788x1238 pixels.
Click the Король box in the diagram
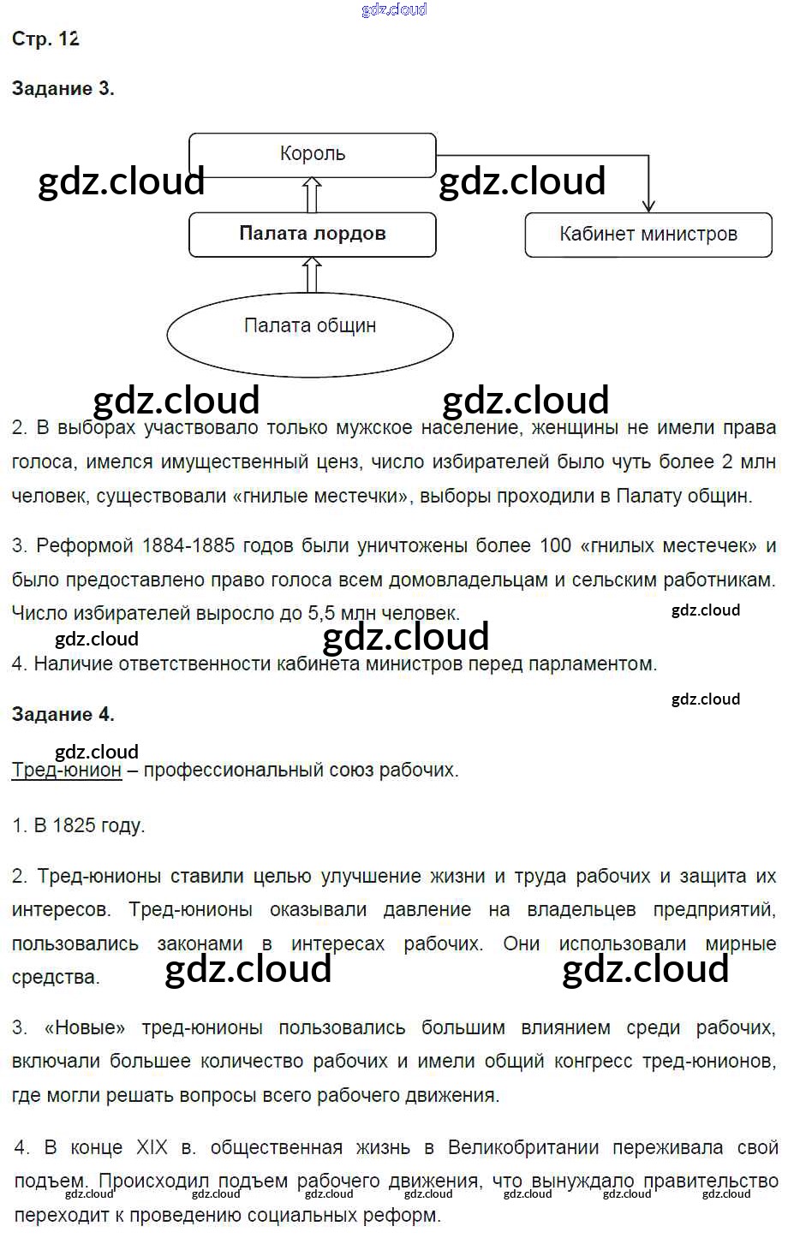(x=313, y=155)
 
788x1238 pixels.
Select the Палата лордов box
(x=313, y=234)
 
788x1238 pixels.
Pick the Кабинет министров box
(x=648, y=234)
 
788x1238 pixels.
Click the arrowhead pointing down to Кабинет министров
(x=648, y=205)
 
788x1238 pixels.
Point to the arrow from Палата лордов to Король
(x=313, y=194)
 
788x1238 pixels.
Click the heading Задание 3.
(x=63, y=88)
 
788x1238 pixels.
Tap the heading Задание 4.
(x=63, y=714)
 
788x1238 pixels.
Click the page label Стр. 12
(x=45, y=39)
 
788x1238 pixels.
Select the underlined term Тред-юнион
(x=67, y=770)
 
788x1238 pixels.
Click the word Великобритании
(x=523, y=1147)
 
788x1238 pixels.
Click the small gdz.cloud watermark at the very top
(x=394, y=10)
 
